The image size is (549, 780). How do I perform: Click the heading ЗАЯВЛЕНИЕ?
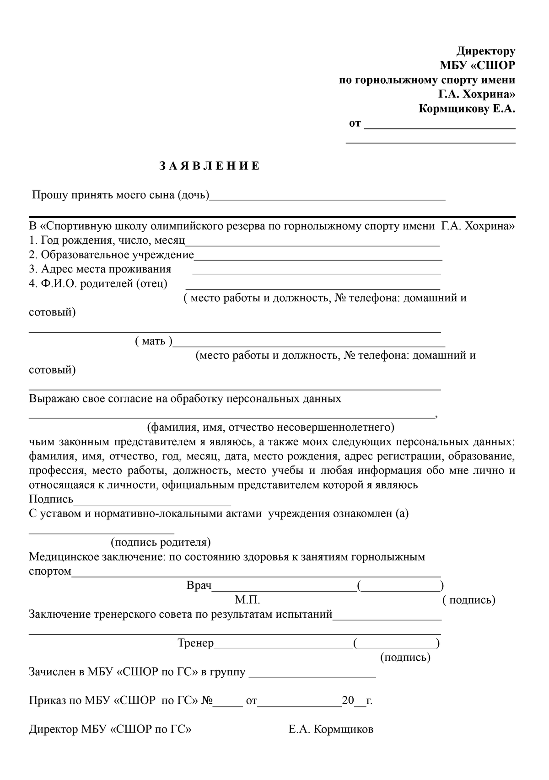[x=210, y=166]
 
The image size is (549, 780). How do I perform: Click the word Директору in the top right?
[x=487, y=51]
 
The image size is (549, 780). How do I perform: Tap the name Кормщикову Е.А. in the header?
[x=467, y=109]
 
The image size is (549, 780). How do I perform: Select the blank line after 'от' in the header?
[x=440, y=128]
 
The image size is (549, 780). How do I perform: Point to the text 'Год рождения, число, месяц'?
[x=113, y=240]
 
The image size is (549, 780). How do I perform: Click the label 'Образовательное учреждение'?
[x=117, y=255]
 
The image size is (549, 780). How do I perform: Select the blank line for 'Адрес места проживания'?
[x=317, y=273]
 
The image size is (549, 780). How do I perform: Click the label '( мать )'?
[x=154, y=341]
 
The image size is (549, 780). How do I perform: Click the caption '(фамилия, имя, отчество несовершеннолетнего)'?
[x=270, y=427]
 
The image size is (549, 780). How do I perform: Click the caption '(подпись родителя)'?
[x=161, y=542]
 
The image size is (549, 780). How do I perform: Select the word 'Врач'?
[x=199, y=586]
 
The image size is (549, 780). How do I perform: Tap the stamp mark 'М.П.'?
[x=248, y=600]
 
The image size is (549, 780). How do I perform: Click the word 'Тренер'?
[x=196, y=643]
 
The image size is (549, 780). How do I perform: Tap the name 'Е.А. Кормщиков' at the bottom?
[x=331, y=729]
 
